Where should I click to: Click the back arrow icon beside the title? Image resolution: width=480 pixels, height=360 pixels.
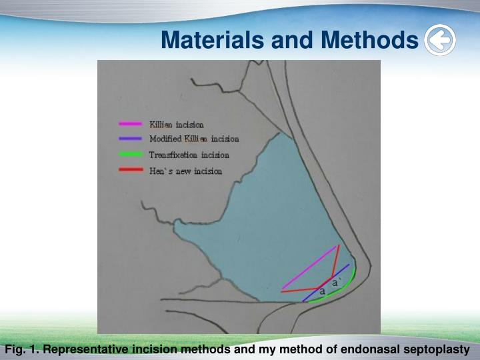[x=440, y=41]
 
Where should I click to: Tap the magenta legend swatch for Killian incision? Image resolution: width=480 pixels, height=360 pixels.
[x=130, y=124]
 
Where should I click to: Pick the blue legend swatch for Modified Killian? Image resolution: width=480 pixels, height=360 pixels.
[x=130, y=139]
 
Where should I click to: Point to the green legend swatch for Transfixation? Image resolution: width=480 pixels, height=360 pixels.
[x=130, y=155]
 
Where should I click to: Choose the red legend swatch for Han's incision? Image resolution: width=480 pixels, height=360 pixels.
[x=130, y=171]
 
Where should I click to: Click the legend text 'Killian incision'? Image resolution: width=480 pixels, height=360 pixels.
[x=177, y=125]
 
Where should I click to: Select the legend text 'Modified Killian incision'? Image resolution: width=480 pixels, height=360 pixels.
[x=194, y=139]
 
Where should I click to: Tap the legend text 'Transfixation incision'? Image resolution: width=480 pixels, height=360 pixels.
[x=189, y=155]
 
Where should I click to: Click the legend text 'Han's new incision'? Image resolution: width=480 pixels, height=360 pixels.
[x=185, y=171]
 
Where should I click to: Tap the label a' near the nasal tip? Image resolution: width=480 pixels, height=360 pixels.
[x=337, y=283]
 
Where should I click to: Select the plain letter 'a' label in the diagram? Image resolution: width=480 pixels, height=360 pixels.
[x=322, y=292]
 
